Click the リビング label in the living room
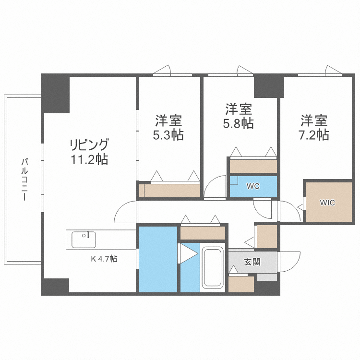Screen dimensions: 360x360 click(89, 144)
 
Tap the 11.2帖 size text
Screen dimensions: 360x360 click(89, 159)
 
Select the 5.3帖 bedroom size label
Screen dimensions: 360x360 click(168, 135)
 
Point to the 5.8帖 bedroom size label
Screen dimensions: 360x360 click(238, 123)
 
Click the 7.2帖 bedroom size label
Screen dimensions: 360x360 click(314, 134)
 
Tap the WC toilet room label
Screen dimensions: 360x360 click(253, 186)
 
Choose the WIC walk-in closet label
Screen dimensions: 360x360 click(327, 203)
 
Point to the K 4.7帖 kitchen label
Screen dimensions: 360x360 click(104, 259)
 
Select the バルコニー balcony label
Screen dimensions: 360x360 click(24, 179)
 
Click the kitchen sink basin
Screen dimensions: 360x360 click(84, 239)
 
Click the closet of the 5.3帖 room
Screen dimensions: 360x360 click(171, 191)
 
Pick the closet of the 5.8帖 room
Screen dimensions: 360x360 click(253, 166)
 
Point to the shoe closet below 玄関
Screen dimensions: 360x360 click(241, 284)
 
